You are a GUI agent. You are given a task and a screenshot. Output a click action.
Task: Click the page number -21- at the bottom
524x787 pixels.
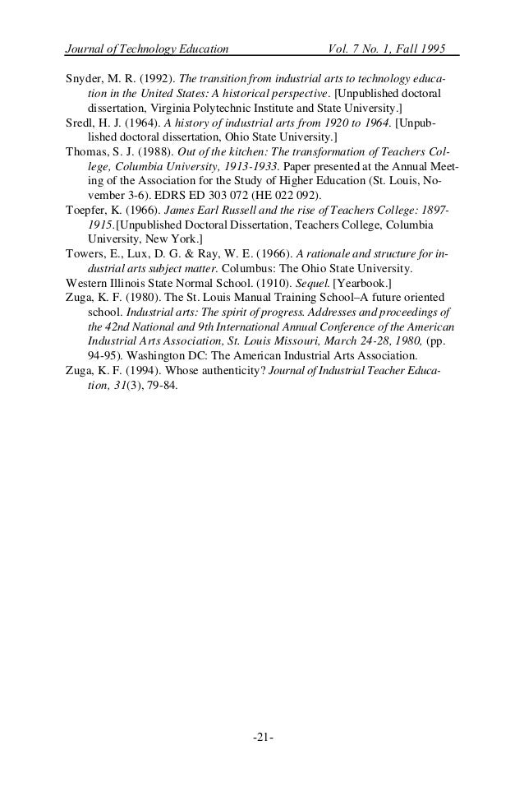[263, 735]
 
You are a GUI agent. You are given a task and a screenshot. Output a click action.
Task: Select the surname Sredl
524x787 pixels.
[80, 123]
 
